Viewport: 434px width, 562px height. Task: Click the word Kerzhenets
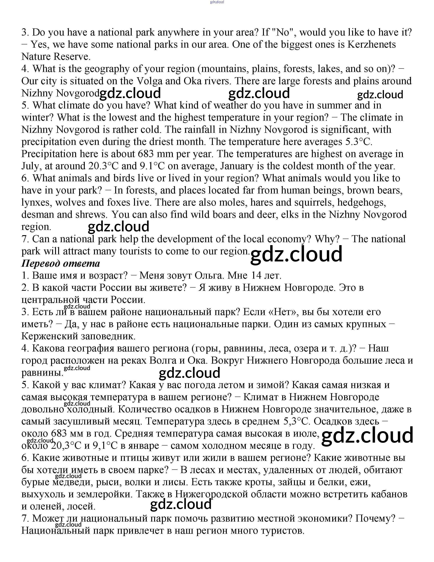pyautogui.click(x=372, y=45)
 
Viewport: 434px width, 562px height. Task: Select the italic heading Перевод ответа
pyautogui.click(x=61, y=263)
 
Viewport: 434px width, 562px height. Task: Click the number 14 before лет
pyautogui.click(x=256, y=276)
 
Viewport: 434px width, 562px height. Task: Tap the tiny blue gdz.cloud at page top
pyautogui.click(x=217, y=2)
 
